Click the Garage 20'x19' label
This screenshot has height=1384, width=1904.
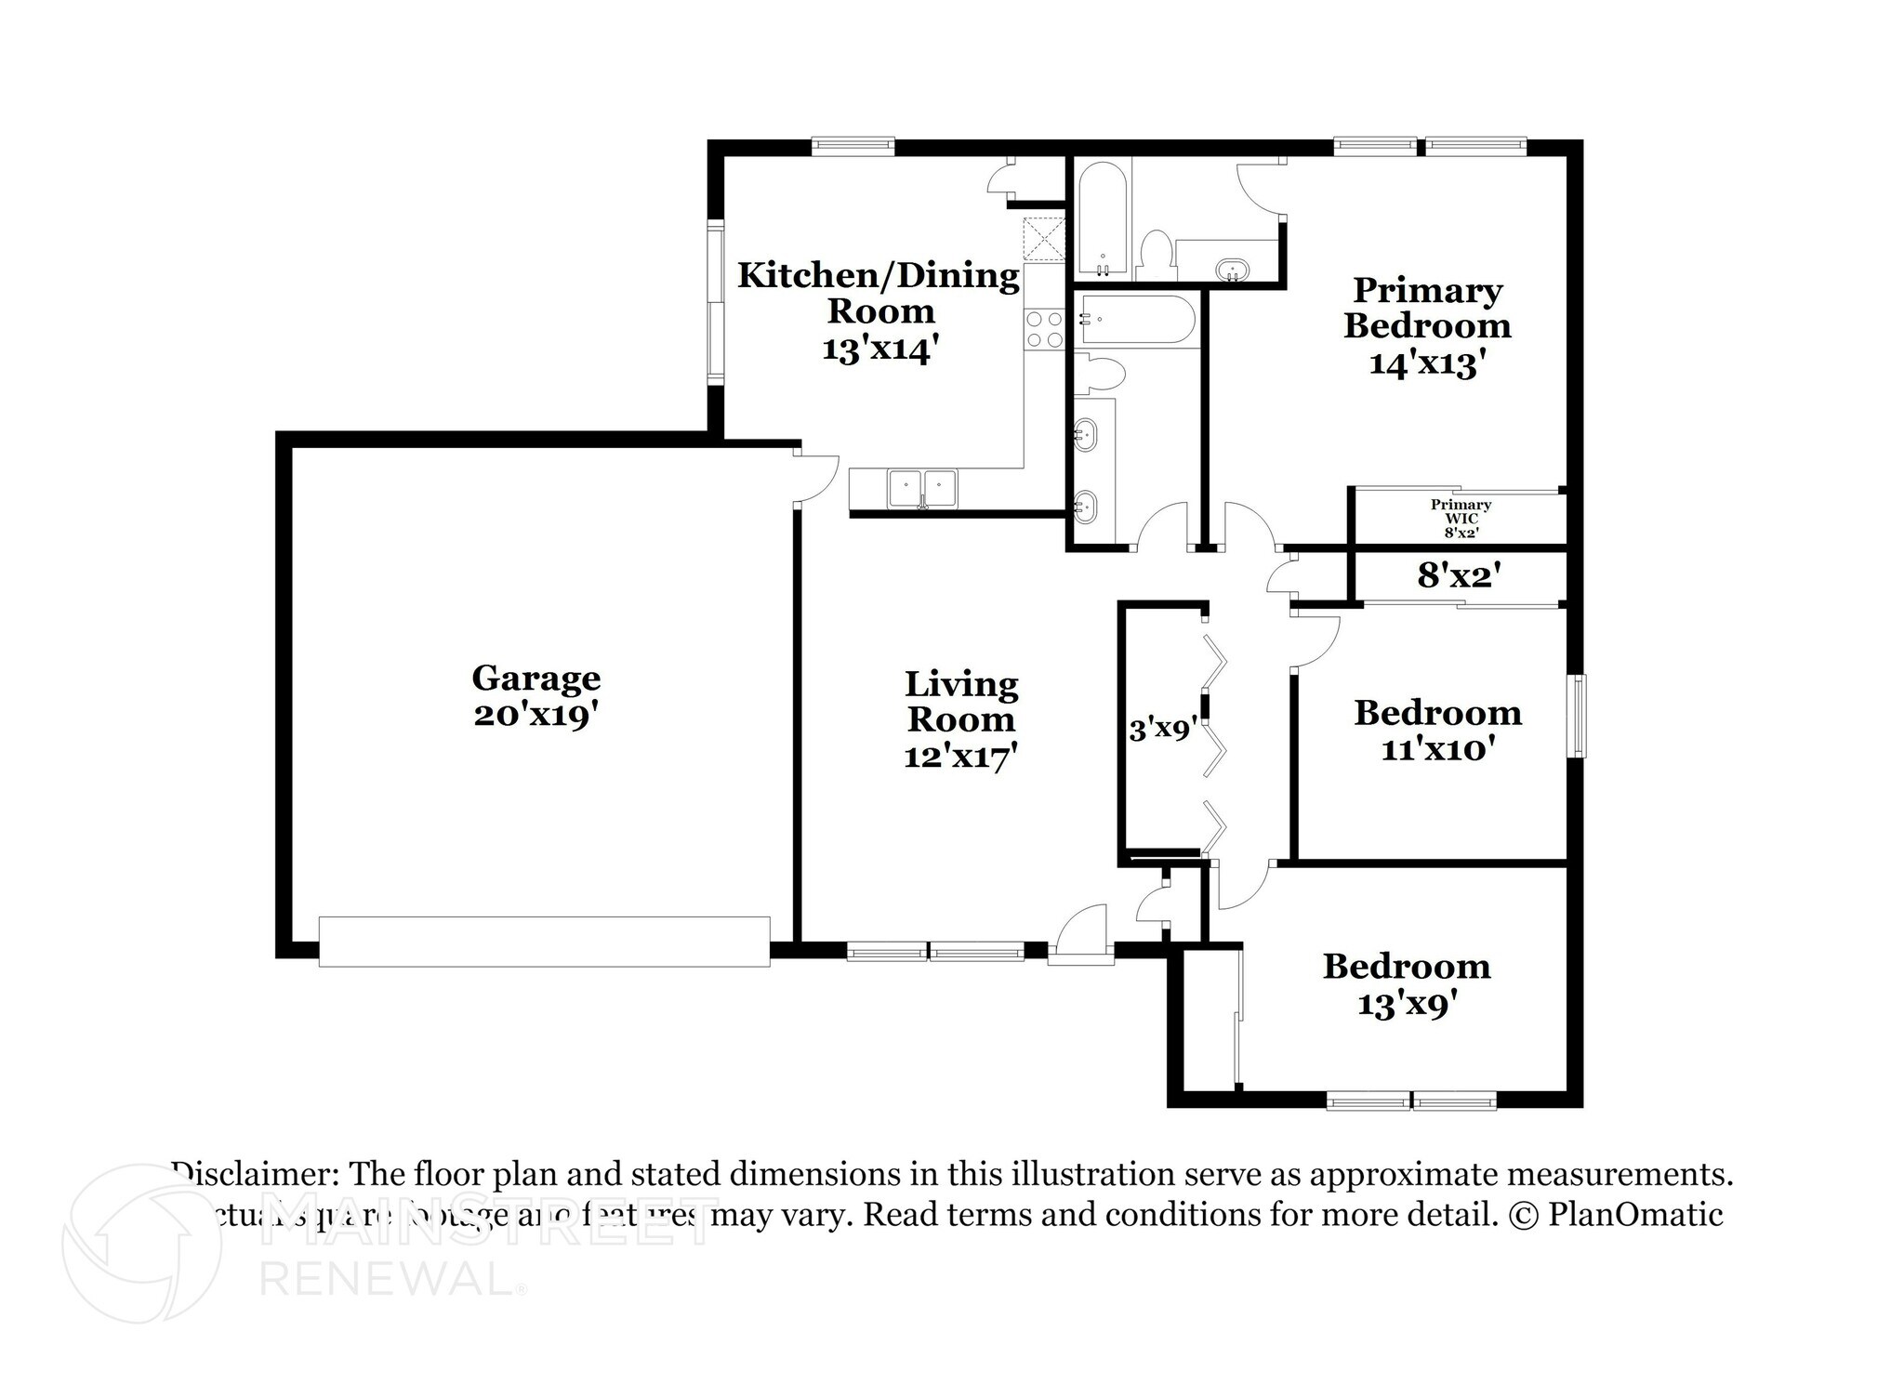(x=535, y=696)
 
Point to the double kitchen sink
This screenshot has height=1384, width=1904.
(x=922, y=488)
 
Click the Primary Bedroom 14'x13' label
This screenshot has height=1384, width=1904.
(x=1426, y=326)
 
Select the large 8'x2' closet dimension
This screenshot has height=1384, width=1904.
(x=1459, y=576)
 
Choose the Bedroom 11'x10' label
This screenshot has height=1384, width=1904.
(x=1437, y=730)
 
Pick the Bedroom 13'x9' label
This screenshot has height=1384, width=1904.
(x=1406, y=984)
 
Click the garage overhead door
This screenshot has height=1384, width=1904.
(x=544, y=942)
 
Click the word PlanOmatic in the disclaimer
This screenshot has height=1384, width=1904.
(x=1635, y=1215)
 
